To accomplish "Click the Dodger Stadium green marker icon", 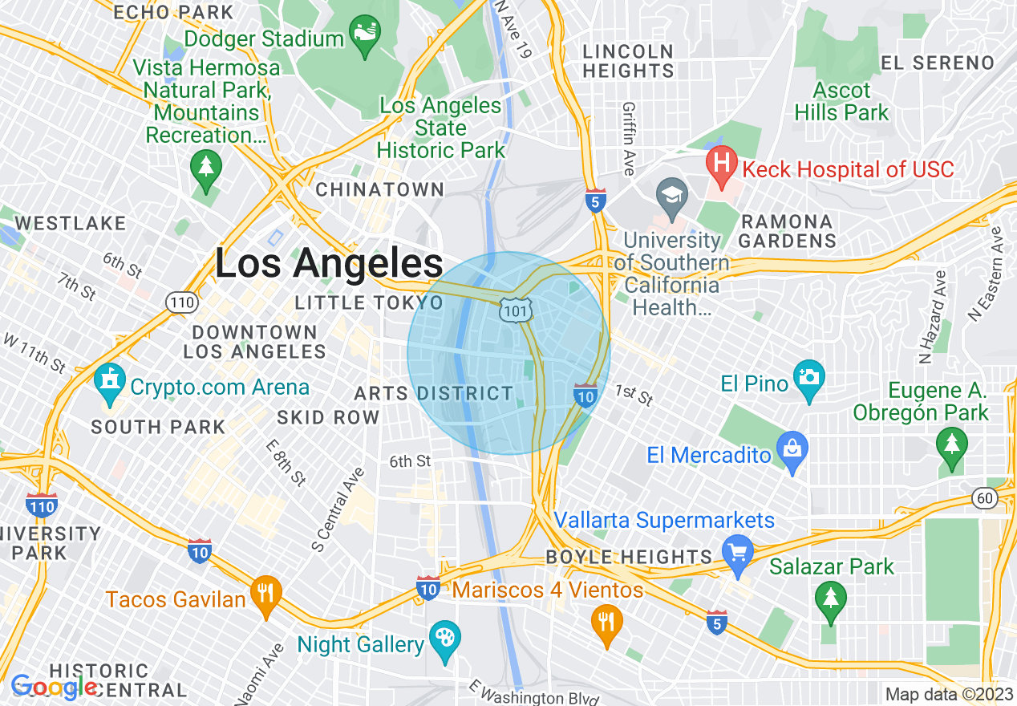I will [x=365, y=34].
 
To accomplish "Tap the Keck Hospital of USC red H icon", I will [x=722, y=164].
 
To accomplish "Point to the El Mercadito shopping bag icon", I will [x=792, y=451].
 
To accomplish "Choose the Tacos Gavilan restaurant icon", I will [x=265, y=594].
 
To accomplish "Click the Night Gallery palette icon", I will [x=443, y=639].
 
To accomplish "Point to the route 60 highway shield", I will [x=986, y=498].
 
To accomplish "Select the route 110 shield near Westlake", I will [x=179, y=302].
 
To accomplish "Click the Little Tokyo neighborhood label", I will [x=369, y=303].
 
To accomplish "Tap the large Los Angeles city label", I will [x=329, y=263].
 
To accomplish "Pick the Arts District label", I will [x=433, y=394].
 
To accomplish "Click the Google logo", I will [x=53, y=687].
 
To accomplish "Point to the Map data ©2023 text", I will [x=948, y=695].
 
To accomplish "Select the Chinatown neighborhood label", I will [x=380, y=190].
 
